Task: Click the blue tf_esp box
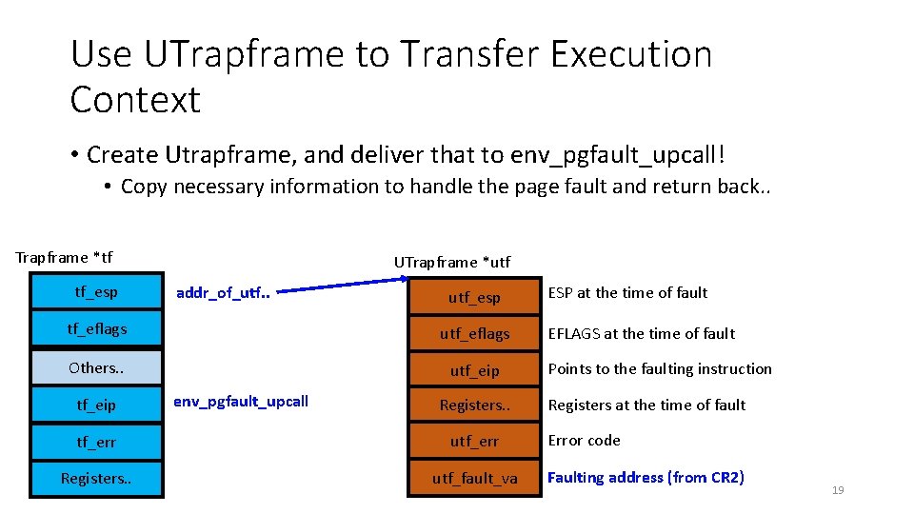(x=97, y=291)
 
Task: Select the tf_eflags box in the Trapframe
(x=97, y=329)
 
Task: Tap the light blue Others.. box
(x=97, y=367)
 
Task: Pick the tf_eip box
(x=97, y=405)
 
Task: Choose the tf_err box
(x=97, y=442)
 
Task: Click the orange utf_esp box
(x=474, y=297)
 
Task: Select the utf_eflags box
(x=474, y=333)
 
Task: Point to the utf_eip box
(x=474, y=370)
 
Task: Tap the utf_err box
(x=474, y=442)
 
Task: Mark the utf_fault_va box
(x=474, y=478)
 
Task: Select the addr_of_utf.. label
(x=224, y=292)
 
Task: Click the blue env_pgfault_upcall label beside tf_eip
(x=241, y=401)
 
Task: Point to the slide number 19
(x=838, y=490)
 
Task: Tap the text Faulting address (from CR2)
(x=646, y=477)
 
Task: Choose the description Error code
(x=584, y=440)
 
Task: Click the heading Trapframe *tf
(x=64, y=257)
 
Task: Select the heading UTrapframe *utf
(x=452, y=262)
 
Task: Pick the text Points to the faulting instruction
(x=660, y=368)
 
